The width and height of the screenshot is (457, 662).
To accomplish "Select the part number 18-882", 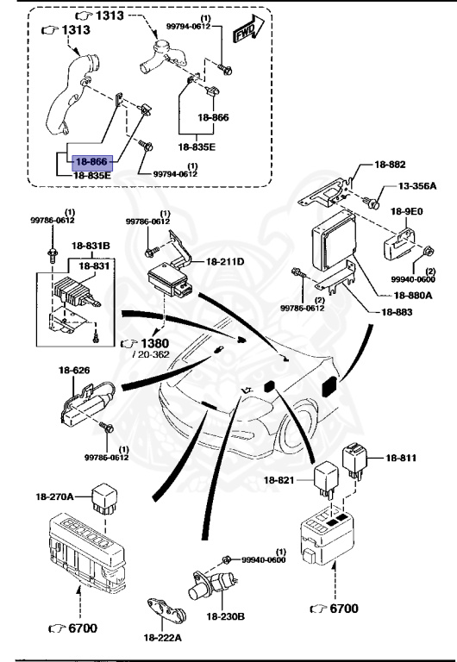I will (391, 165).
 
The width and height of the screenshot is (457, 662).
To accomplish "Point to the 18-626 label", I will (74, 371).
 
